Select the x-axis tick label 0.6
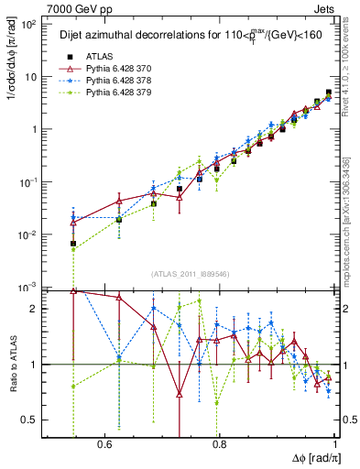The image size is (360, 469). (x=104, y=445)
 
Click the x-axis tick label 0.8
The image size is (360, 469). (x=219, y=445)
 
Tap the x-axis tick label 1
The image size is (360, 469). (x=333, y=445)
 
